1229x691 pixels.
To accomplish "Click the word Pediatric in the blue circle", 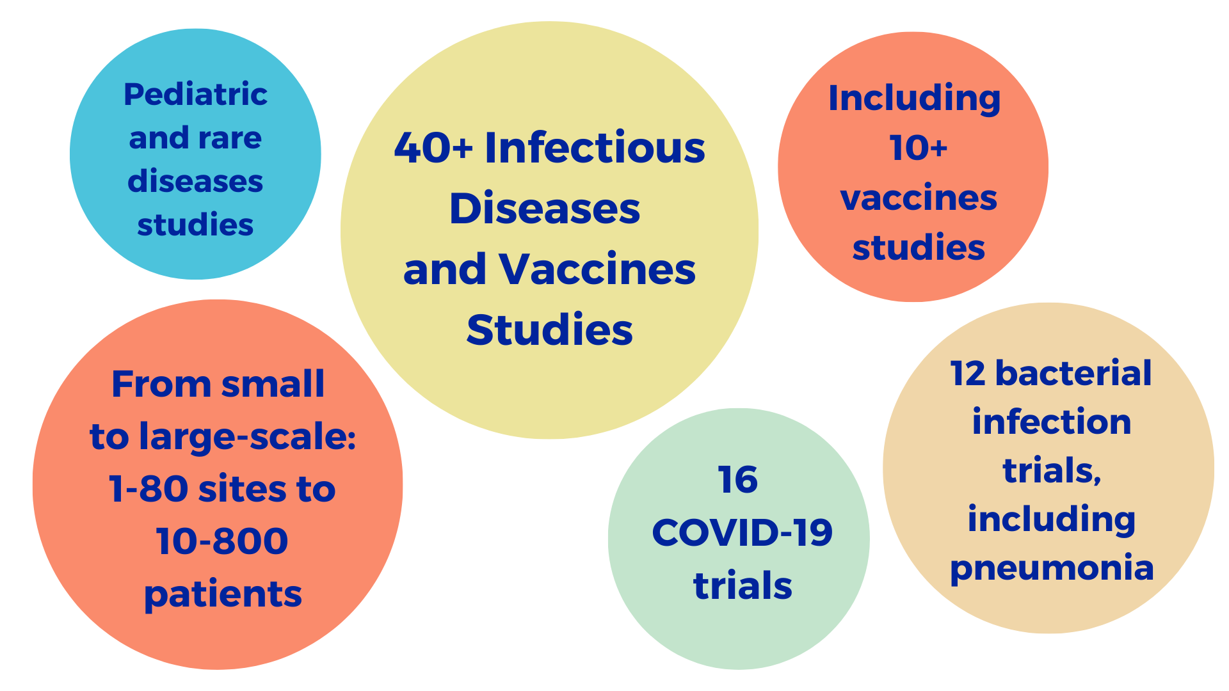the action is pos(195,95).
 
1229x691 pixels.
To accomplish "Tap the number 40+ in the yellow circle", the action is pos(433,147).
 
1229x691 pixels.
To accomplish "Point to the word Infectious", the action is pos(595,147).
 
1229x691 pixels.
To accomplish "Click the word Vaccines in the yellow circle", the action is pos(597,269).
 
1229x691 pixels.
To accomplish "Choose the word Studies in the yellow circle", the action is pos(550,330).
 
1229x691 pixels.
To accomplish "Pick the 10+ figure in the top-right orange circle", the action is pos(918,148).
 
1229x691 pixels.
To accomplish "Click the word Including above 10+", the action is pos(915,99).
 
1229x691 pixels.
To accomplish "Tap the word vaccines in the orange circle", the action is pos(919,198).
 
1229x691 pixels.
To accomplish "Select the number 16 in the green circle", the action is pos(738,480).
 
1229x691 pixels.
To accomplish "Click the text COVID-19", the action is pos(743,532).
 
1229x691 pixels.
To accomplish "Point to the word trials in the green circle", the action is pos(743,585).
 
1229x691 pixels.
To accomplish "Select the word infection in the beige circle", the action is pos(1052,422).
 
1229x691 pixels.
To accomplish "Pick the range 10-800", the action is pos(222,541).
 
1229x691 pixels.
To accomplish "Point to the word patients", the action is pos(223,595).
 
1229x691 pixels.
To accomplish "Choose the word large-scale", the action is pos(247,438).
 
